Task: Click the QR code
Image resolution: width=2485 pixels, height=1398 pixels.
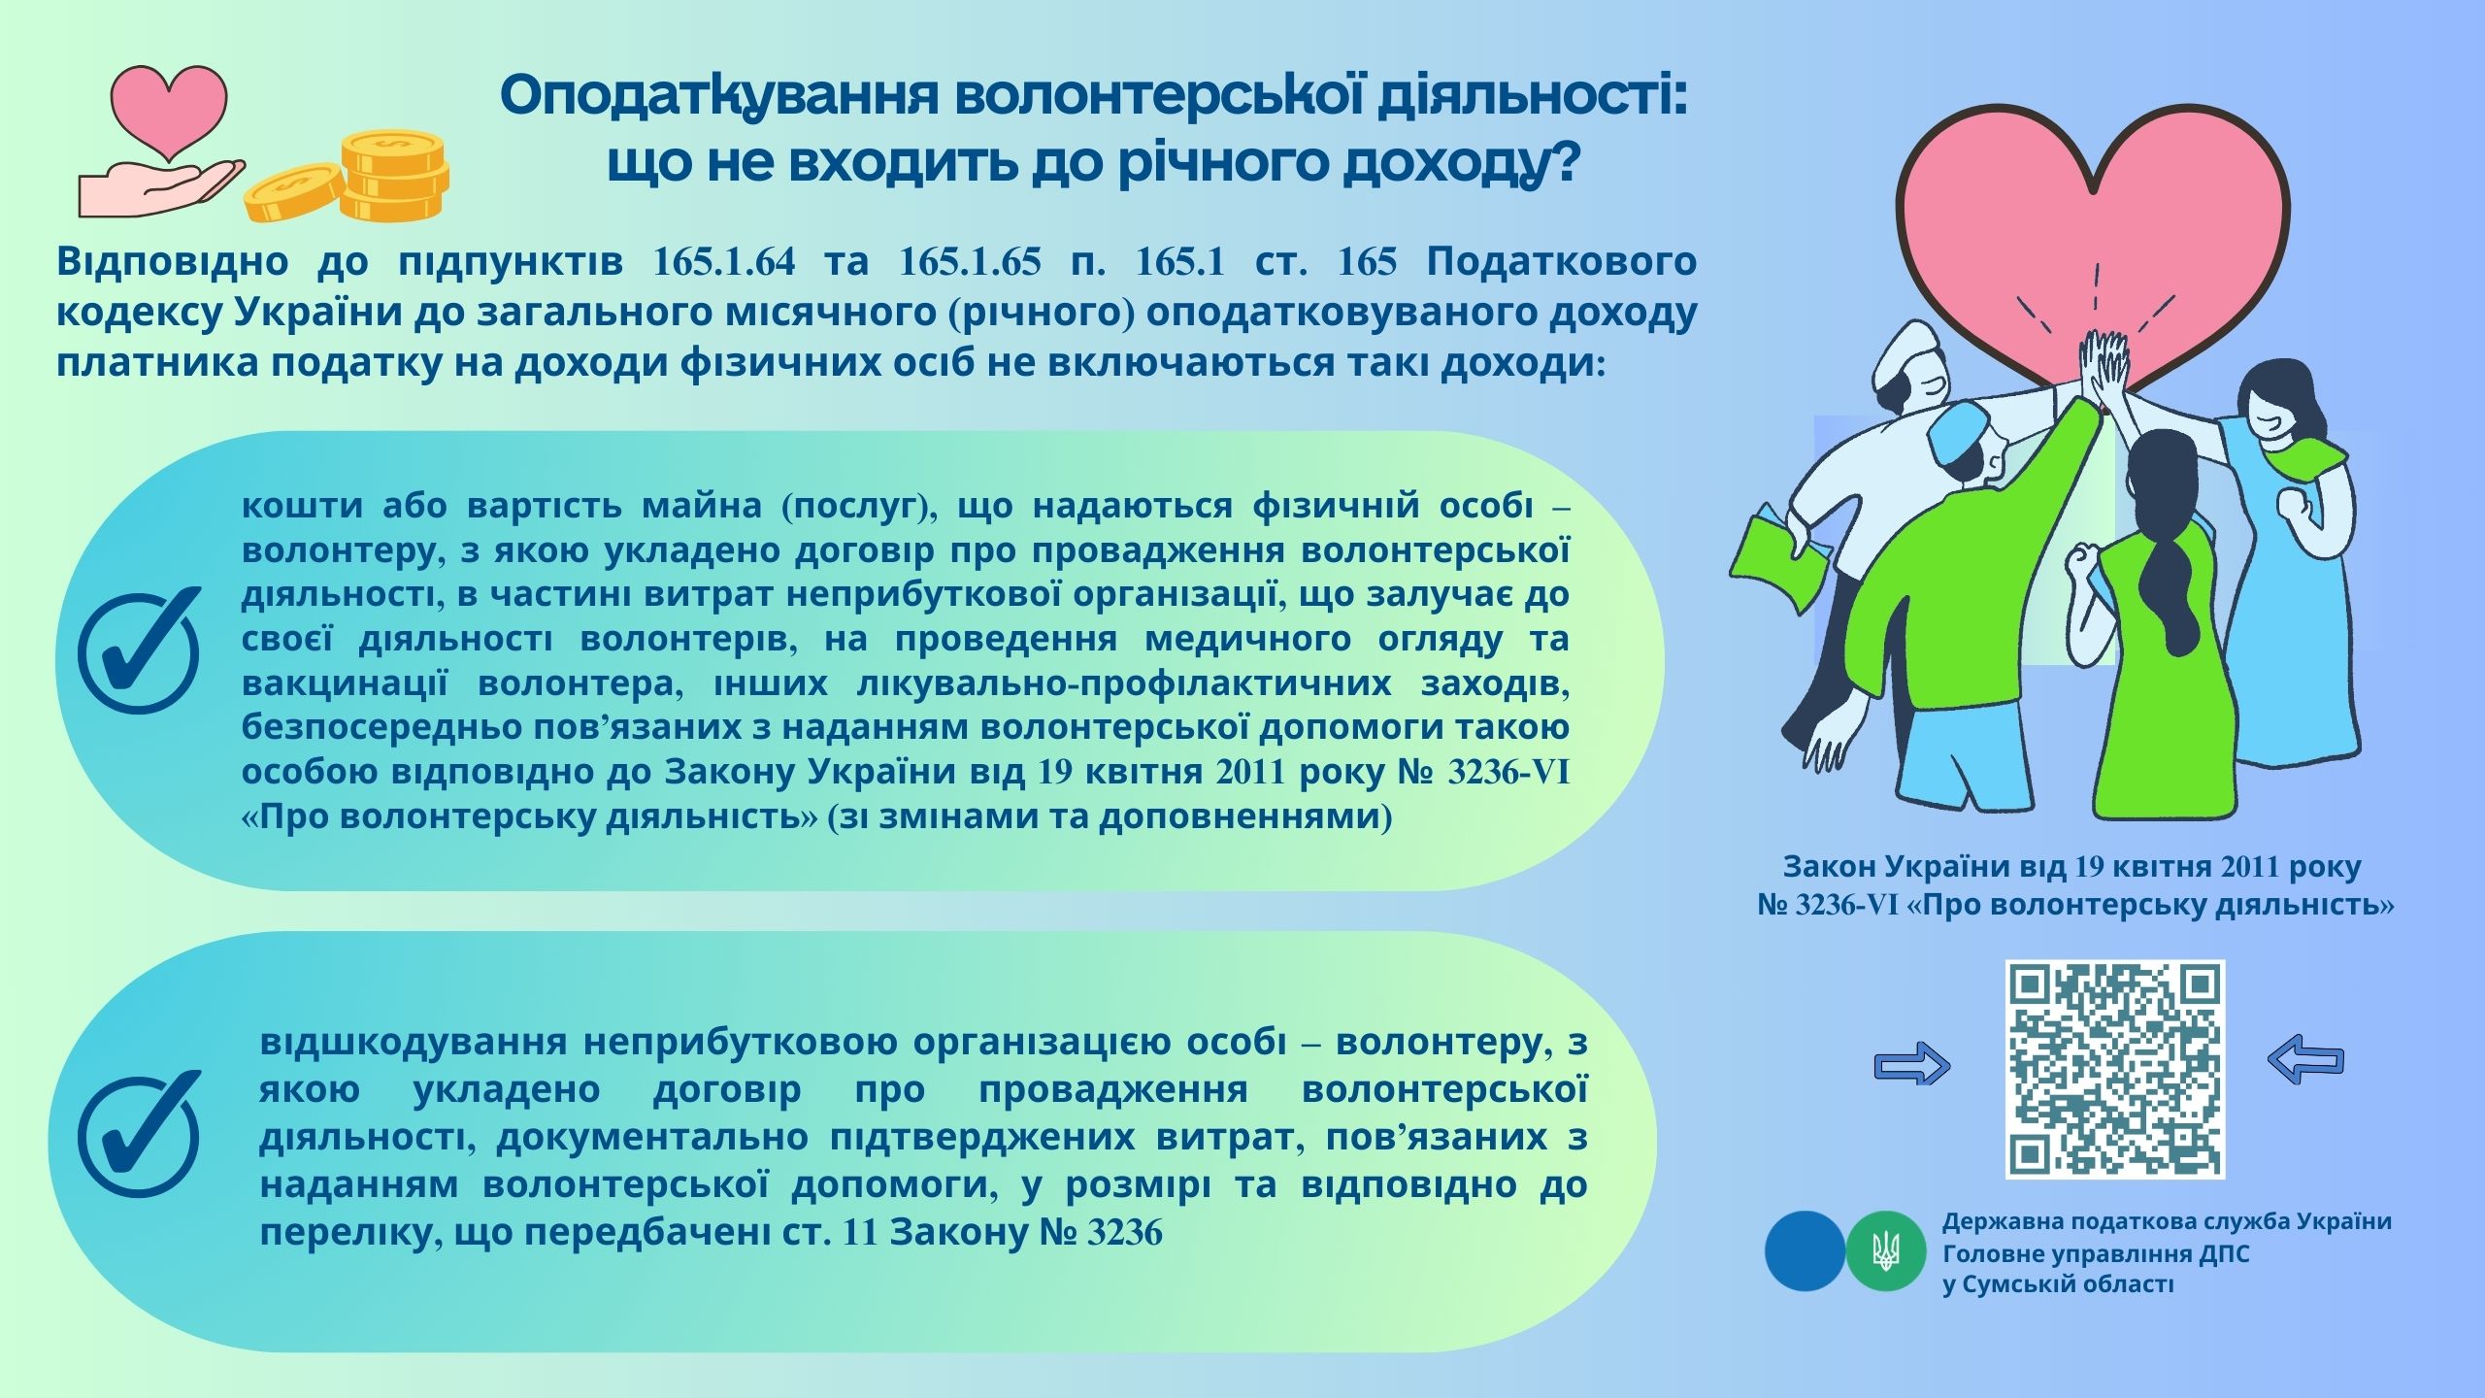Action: (x=2115, y=1069)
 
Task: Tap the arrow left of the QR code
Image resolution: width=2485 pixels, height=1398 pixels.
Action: (x=1911, y=1065)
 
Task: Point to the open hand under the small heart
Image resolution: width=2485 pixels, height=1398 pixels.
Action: (x=160, y=188)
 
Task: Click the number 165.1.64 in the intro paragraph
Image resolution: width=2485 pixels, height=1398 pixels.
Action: (x=724, y=262)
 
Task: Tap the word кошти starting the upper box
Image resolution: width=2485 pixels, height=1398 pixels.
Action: (x=302, y=506)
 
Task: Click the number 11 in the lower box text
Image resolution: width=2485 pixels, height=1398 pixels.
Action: (x=860, y=1232)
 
